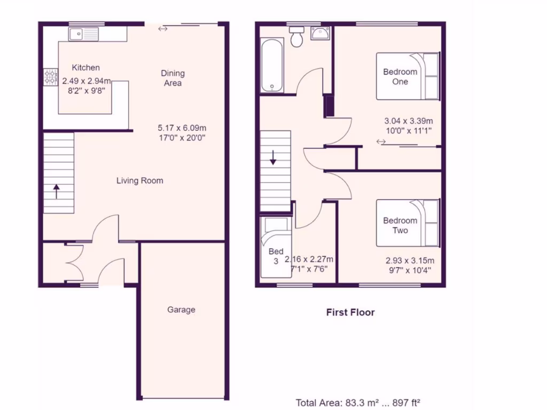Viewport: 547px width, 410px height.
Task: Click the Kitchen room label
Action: (85, 68)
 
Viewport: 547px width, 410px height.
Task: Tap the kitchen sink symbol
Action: (83, 34)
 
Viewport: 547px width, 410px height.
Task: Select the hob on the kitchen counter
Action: (51, 77)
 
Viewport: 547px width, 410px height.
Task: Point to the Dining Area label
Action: (173, 78)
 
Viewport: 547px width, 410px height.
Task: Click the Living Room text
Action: (140, 181)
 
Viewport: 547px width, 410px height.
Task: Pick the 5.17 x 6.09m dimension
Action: (182, 128)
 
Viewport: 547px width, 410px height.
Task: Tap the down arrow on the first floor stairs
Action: (273, 157)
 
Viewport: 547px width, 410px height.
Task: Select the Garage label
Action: (181, 310)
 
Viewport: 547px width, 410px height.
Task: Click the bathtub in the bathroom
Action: (272, 66)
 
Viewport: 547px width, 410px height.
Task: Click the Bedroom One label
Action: (400, 77)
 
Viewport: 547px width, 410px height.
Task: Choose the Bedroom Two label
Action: (400, 225)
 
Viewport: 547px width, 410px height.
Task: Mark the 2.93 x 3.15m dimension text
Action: (410, 261)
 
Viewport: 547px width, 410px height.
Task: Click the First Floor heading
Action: (350, 313)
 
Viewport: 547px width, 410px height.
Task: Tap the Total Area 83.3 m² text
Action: (361, 403)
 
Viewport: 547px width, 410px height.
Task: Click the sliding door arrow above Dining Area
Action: (163, 28)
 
